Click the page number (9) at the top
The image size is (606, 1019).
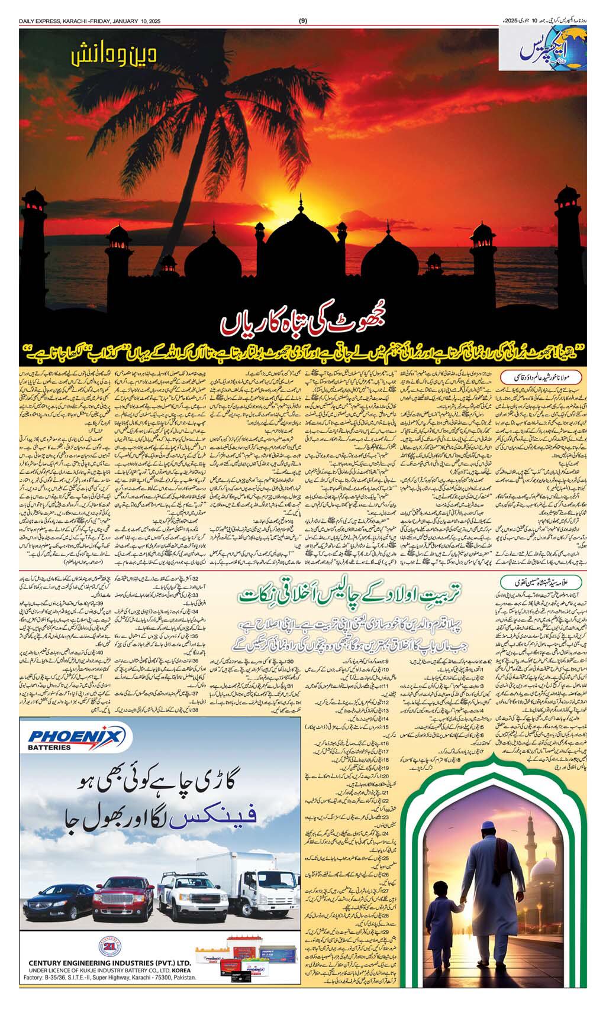tap(303, 22)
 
